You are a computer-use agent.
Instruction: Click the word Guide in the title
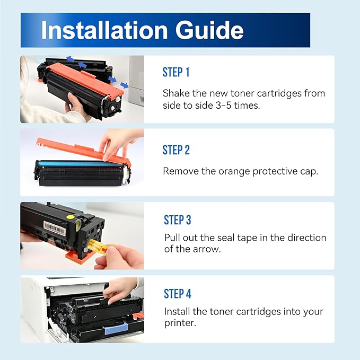[210, 30]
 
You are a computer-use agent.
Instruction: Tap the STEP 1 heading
[176, 73]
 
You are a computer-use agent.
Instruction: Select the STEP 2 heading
[176, 151]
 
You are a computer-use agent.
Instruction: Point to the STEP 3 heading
[178, 220]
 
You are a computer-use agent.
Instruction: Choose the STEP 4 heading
[178, 294]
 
